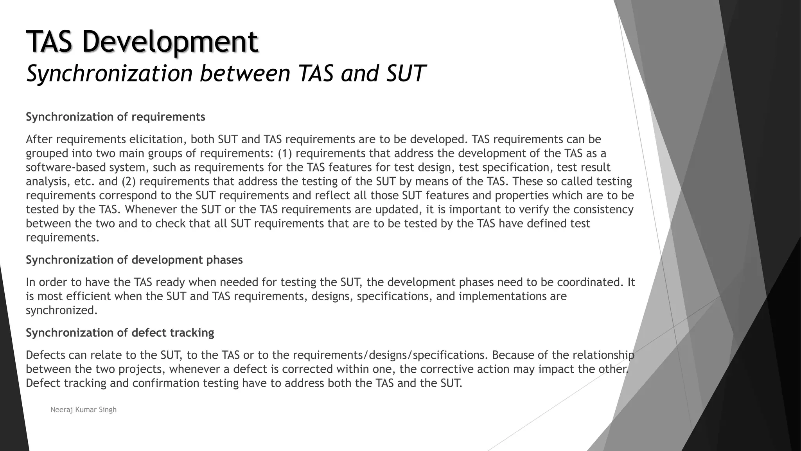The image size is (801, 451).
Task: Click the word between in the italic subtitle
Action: click(x=245, y=73)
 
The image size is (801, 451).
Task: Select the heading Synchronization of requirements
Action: click(x=115, y=117)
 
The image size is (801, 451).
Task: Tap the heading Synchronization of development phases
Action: click(x=134, y=260)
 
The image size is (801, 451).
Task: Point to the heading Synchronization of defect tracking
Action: click(x=120, y=333)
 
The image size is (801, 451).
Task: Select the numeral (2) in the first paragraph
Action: click(x=128, y=182)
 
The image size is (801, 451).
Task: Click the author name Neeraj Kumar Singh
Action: click(x=83, y=410)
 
